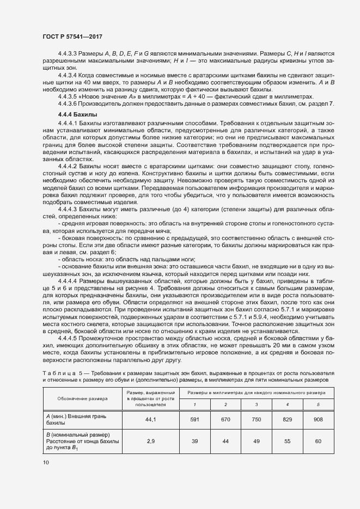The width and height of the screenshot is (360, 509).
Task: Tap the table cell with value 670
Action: (226, 419)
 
